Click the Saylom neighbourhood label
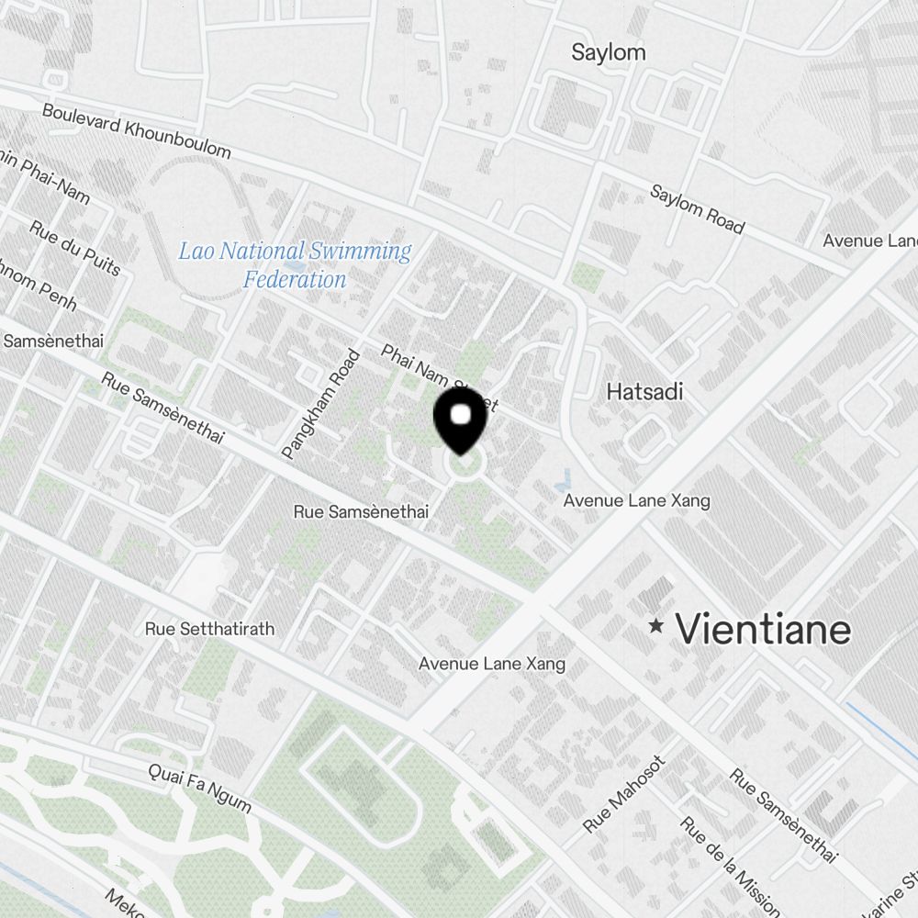click(608, 52)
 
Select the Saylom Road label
click(697, 209)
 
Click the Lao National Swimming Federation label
click(295, 264)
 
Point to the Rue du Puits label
click(74, 248)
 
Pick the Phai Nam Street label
click(438, 377)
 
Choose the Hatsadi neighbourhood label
click(644, 392)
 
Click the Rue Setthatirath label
click(209, 630)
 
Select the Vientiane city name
click(763, 630)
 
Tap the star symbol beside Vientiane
click(655, 626)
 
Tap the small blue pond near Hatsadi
click(564, 478)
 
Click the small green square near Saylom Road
click(583, 273)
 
